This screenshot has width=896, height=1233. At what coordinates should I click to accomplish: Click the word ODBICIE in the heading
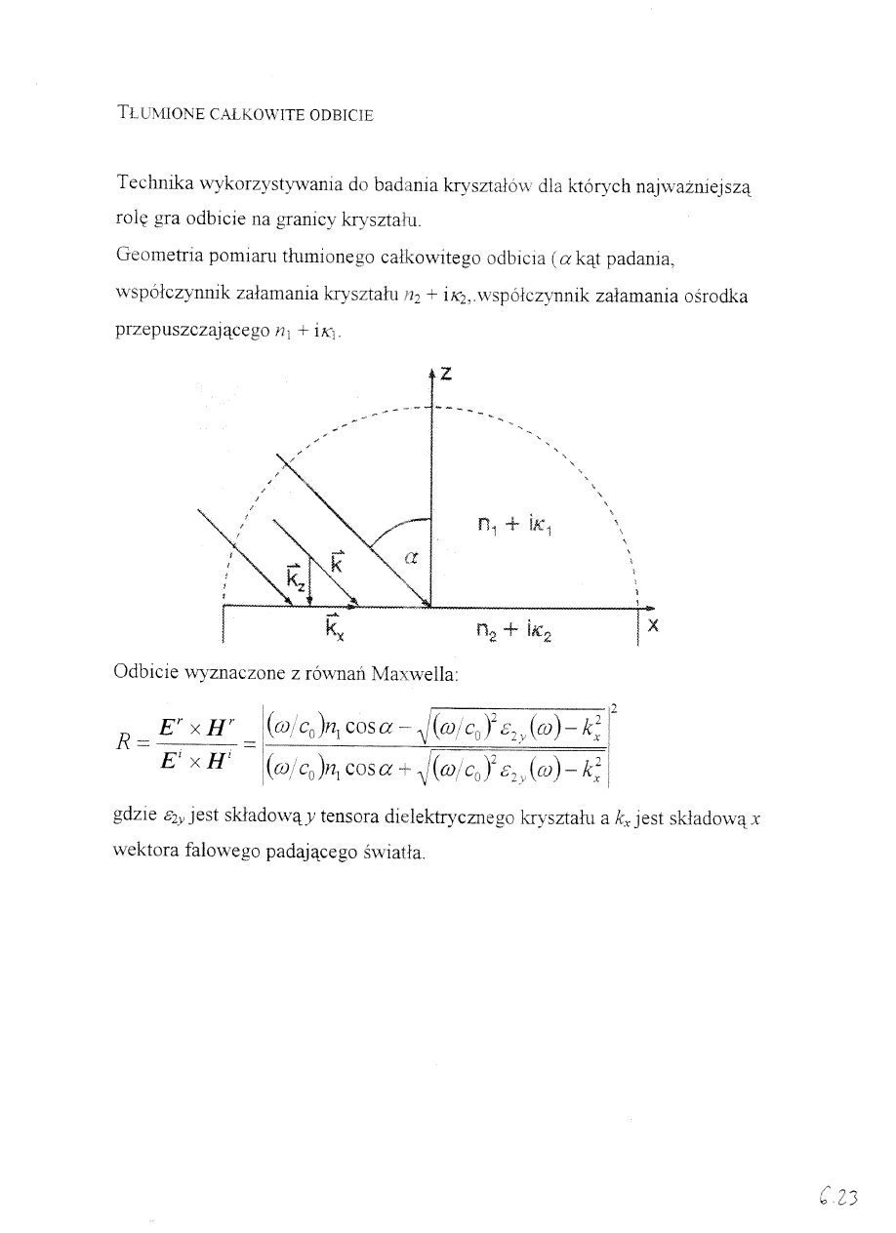click(341, 114)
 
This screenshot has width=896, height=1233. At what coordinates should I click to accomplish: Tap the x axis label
click(653, 628)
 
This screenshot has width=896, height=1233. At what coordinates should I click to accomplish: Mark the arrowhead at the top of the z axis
click(430, 373)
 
